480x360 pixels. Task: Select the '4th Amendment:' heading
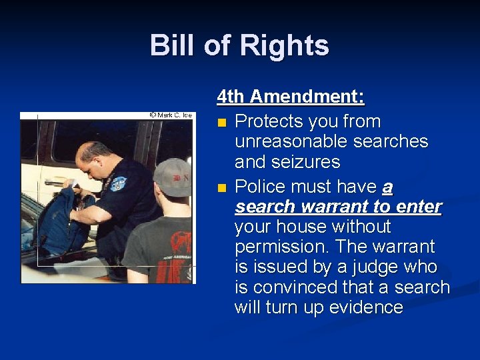coord(291,97)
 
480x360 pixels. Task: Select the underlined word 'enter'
coord(417,207)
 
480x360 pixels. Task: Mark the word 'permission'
coord(281,247)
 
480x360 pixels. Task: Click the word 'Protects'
coord(269,122)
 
